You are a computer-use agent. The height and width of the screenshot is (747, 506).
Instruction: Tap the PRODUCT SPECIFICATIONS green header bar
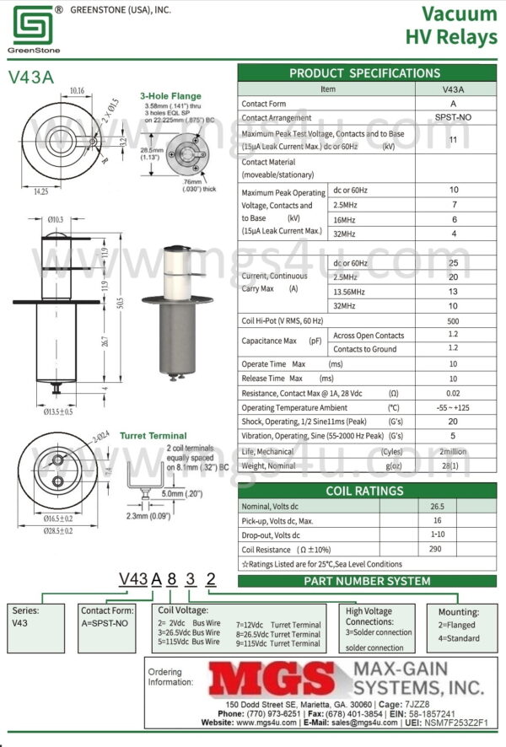point(365,73)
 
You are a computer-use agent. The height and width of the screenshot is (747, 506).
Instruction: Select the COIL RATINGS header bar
point(365,491)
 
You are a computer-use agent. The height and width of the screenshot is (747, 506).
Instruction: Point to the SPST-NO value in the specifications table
point(453,118)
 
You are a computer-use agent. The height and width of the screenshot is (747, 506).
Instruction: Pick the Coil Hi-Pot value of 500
point(453,321)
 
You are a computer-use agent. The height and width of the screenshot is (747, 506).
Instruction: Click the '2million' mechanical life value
point(453,451)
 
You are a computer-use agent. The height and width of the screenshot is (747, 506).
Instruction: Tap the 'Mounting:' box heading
point(459,612)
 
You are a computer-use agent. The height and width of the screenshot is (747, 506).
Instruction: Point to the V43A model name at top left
point(31,78)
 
